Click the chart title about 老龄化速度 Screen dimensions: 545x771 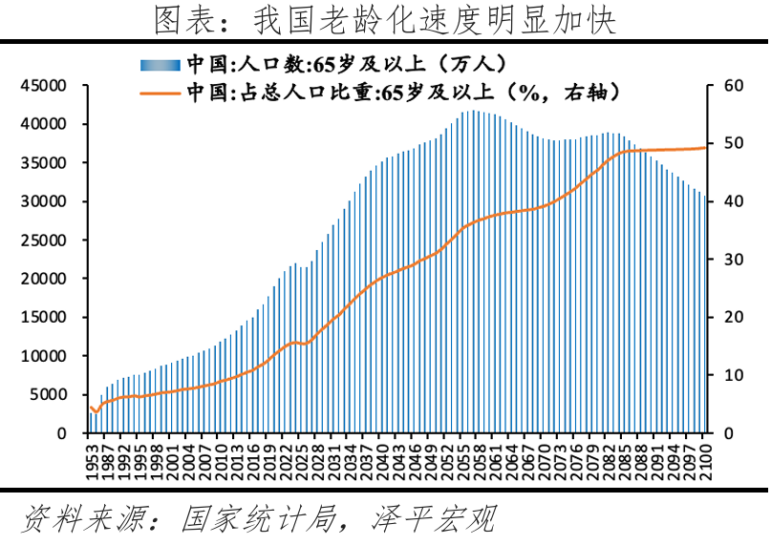click(385, 19)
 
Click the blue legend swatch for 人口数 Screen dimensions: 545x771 click(160, 65)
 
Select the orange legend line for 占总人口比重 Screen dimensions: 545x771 click(160, 93)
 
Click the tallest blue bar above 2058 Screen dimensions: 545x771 click(475, 272)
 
